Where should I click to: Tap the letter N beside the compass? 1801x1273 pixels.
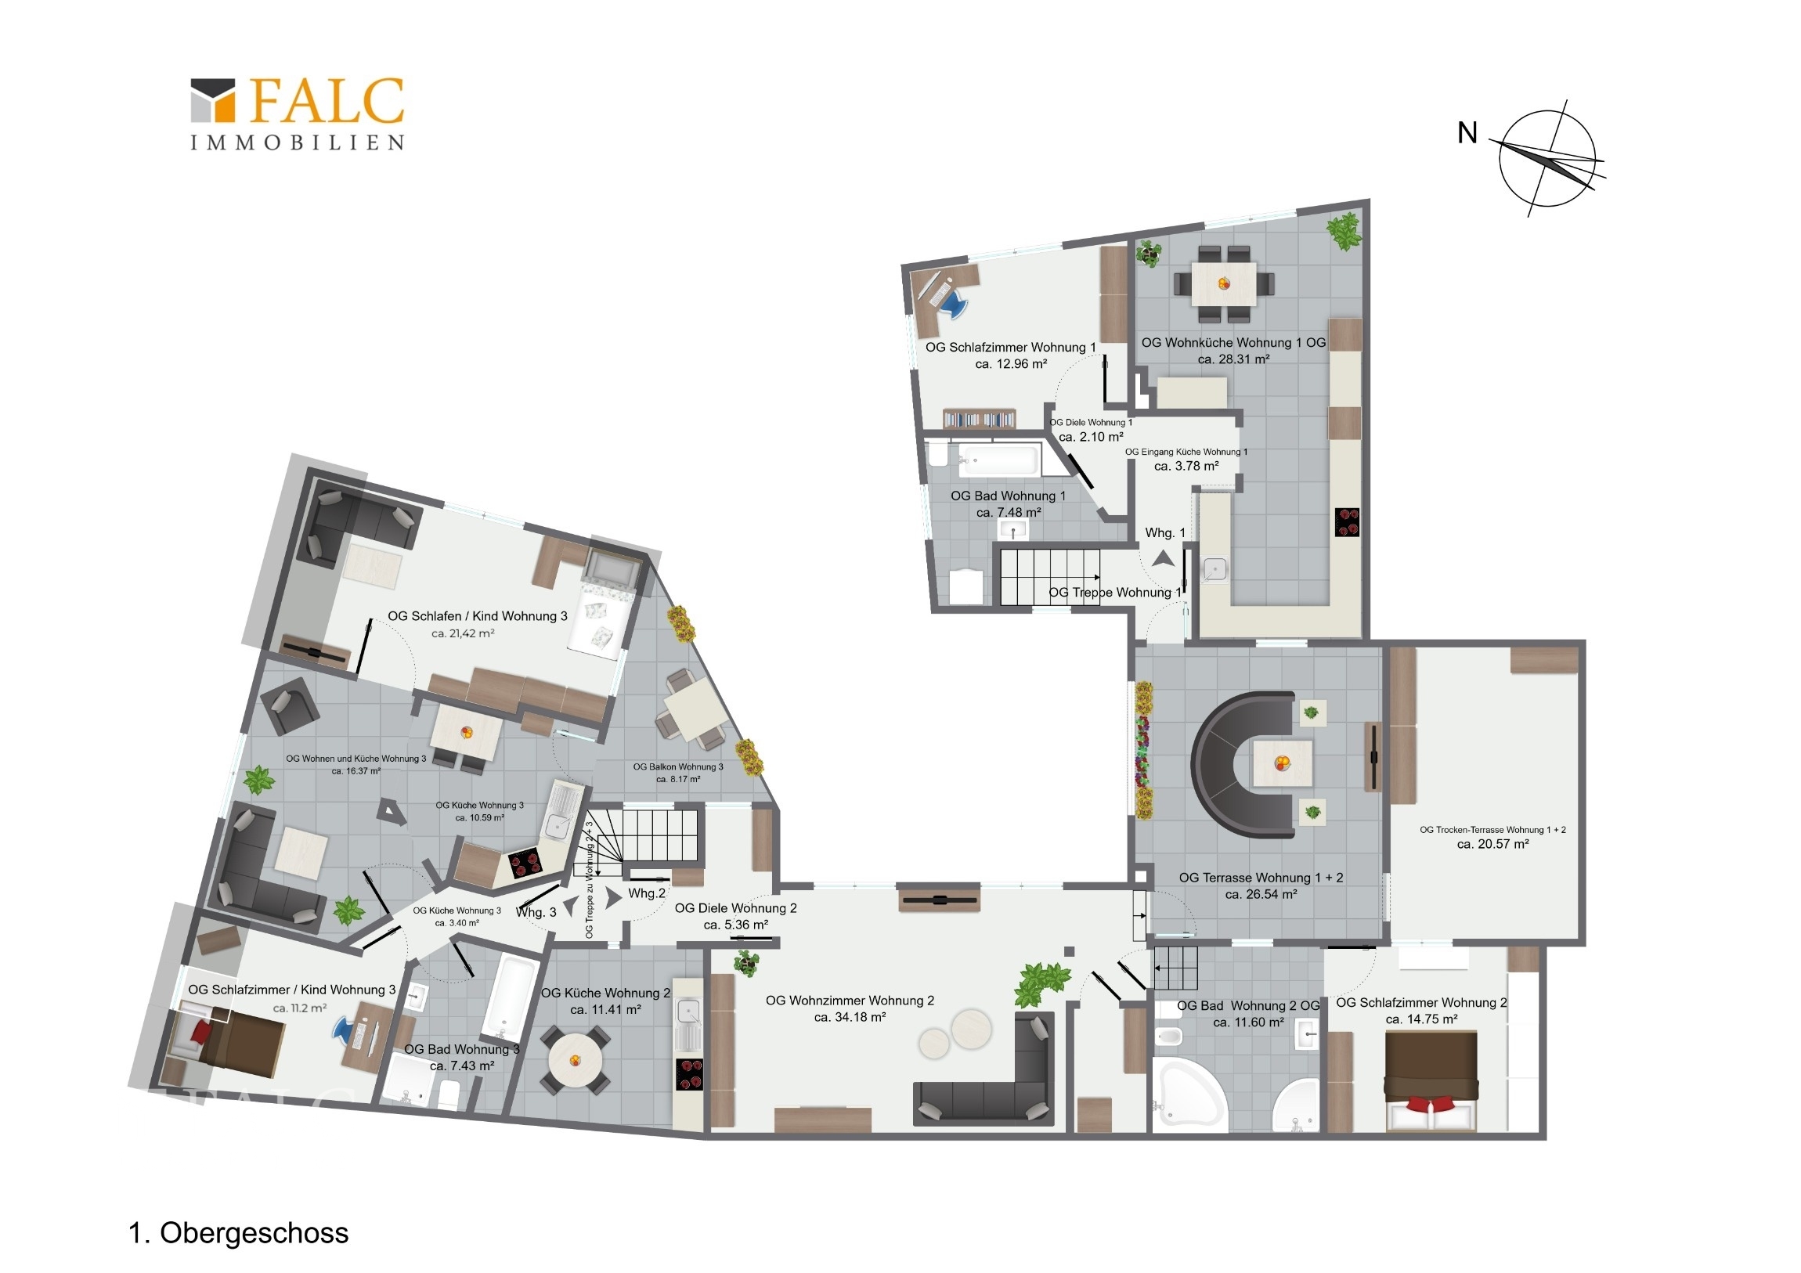(x=1467, y=133)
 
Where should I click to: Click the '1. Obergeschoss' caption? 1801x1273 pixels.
(x=239, y=1232)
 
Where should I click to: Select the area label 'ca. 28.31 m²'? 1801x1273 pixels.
(x=1233, y=359)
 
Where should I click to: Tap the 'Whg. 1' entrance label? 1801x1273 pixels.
(x=1165, y=532)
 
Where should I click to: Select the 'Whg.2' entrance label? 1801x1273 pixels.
(x=646, y=893)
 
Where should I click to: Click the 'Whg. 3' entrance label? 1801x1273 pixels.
(x=536, y=912)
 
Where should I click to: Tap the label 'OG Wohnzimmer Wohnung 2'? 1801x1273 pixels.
(x=850, y=1000)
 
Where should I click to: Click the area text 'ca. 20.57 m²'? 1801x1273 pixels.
(x=1492, y=844)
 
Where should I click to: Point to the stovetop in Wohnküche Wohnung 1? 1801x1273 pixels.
(x=1347, y=521)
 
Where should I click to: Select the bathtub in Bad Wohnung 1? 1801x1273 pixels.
(x=998, y=459)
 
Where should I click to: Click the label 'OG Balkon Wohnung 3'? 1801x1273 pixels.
(x=678, y=766)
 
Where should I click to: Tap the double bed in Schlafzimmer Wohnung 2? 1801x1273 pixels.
(x=1431, y=1081)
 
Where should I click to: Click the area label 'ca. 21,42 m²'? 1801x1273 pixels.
(x=463, y=633)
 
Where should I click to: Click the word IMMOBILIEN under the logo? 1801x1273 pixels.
(x=298, y=142)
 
